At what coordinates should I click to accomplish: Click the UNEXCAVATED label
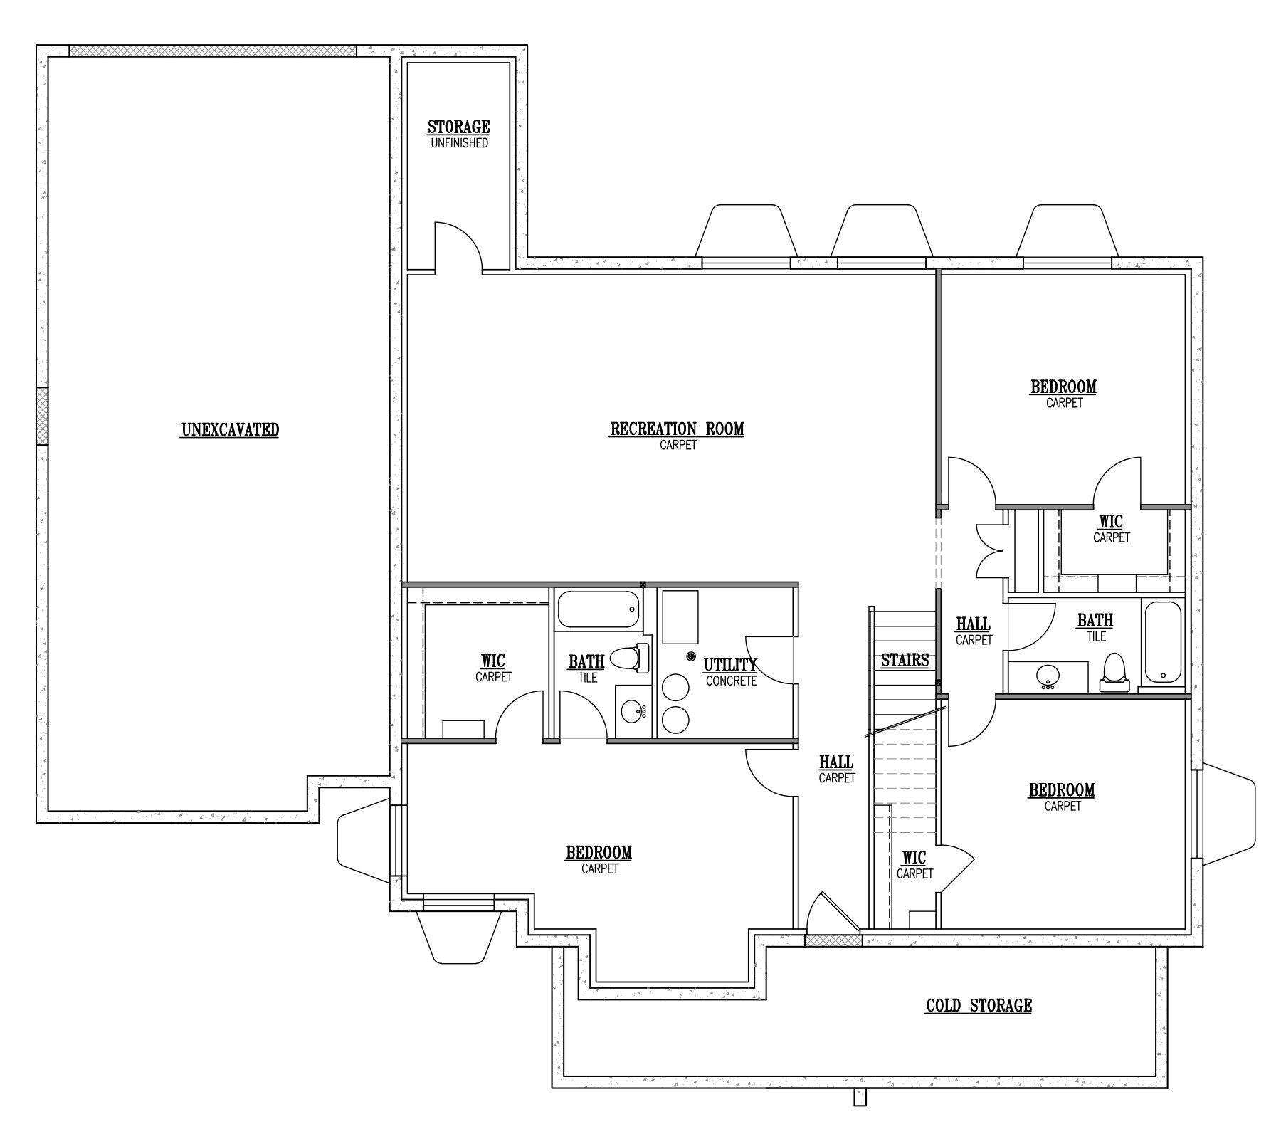click(230, 430)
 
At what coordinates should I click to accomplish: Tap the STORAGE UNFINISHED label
click(459, 135)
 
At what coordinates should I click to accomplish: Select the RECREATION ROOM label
click(677, 436)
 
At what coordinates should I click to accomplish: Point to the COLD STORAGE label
click(979, 1006)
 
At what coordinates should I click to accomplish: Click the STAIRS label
click(905, 661)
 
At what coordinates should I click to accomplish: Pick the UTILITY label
click(730, 665)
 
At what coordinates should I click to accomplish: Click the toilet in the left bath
click(631, 658)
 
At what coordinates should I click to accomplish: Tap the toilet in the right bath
click(1114, 673)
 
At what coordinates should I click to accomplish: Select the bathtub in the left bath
click(598, 610)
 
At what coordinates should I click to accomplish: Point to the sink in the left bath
click(633, 710)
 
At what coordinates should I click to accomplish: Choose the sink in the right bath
click(1047, 676)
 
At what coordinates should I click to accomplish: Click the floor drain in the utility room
click(690, 656)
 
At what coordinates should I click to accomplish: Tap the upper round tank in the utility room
click(675, 688)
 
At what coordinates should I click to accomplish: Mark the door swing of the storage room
click(460, 246)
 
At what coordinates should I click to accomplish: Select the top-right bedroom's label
click(1064, 394)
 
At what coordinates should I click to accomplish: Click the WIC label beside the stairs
click(914, 865)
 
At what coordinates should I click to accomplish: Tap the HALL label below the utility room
click(836, 770)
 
